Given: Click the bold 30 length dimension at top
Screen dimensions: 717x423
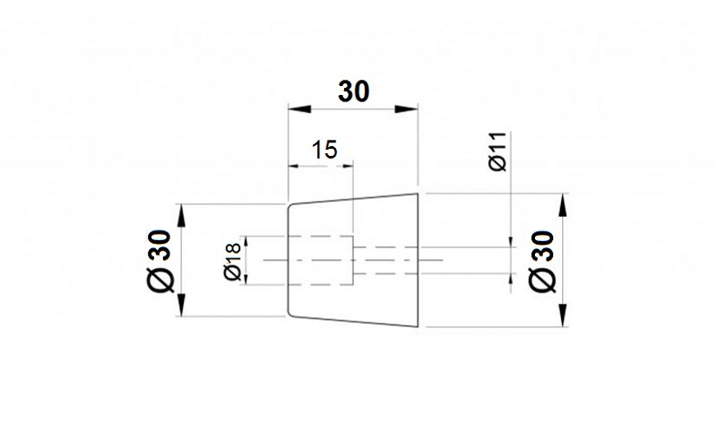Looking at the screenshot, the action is coord(353,91).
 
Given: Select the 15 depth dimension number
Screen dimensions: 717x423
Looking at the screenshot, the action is coord(324,150).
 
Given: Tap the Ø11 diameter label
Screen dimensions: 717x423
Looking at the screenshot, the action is coord(497,151).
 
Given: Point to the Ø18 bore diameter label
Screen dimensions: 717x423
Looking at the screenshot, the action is coord(233,261).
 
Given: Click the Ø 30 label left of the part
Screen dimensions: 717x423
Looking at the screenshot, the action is coord(160,261).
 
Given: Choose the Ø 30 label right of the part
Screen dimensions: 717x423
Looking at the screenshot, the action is coord(542,261).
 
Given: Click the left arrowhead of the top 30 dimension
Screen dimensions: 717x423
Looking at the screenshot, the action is coord(299,108).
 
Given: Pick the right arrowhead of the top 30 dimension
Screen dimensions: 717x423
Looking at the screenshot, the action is coord(407,108).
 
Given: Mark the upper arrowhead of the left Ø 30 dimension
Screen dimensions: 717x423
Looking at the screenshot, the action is coord(182,215).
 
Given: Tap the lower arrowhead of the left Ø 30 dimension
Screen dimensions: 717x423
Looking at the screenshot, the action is coord(182,305).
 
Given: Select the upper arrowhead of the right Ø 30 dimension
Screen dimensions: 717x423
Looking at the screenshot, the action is coord(563,205).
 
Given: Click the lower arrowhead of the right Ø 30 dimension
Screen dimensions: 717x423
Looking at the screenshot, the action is coord(563,315).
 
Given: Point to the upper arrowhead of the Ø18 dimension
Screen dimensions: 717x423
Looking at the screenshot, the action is coord(246,241).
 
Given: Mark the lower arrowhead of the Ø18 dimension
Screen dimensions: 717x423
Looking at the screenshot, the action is coord(246,279).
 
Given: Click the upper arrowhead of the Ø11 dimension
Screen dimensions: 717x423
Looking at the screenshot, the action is coord(511,242).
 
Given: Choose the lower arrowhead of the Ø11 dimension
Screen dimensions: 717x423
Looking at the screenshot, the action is coord(511,279).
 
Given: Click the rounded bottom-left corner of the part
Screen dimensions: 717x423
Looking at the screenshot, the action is coord(289,314).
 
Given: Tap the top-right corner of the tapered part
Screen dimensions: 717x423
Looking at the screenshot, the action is coord(418,194).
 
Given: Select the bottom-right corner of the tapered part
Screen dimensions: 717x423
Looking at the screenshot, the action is coord(418,326).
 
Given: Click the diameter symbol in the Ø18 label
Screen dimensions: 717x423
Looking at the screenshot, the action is coord(233,273).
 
